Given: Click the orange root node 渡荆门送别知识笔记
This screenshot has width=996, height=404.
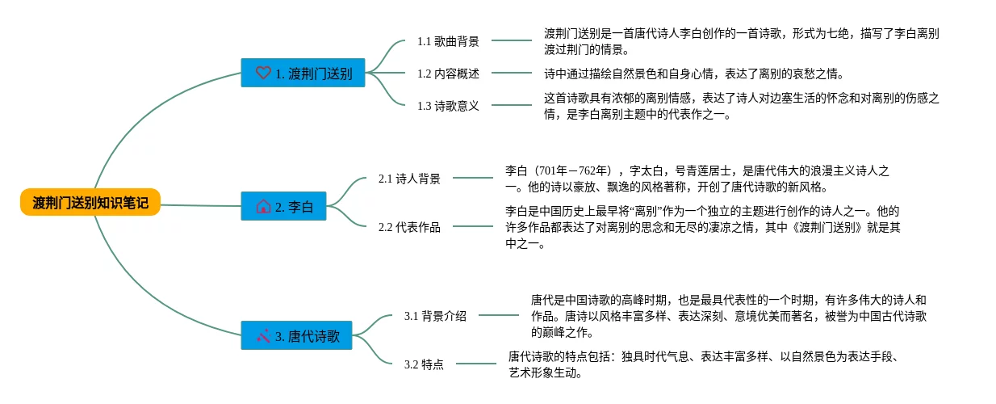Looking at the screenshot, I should coord(90,202).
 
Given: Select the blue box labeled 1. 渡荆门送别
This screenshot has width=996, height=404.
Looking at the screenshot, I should coord(303,73).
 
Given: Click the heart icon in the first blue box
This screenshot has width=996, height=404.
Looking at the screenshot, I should coord(262,73).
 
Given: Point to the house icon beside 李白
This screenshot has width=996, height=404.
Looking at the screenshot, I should coord(262,207).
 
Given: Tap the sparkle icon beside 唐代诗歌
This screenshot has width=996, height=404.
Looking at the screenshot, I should coord(262,335).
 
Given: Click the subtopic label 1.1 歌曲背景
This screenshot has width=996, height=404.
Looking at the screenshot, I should coord(448,40).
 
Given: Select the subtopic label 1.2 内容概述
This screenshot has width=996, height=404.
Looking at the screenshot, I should coord(448,74).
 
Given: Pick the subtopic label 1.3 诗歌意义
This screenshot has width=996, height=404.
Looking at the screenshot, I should coord(448,106).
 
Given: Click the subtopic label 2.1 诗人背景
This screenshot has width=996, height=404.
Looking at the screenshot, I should coord(409,179).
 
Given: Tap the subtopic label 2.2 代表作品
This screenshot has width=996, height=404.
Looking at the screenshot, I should coord(409,227).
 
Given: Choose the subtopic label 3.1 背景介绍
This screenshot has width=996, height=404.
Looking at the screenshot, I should coord(435,316).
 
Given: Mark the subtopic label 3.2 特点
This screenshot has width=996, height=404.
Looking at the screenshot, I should coord(424,364).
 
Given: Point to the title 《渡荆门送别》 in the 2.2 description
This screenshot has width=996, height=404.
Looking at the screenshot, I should coord(831,228).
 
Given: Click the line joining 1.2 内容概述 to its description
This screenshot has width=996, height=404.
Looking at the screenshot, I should coord(511,74).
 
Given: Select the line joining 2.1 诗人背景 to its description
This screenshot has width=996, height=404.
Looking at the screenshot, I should coord(472,179).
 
